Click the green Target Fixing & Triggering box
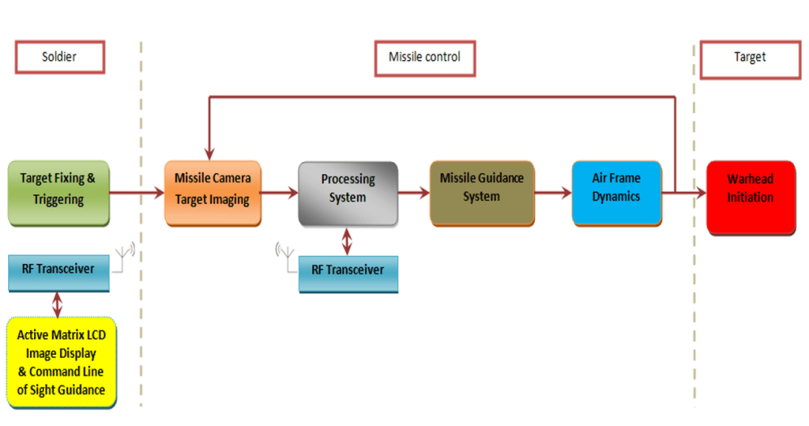pyautogui.click(x=59, y=193)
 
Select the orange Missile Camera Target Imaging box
pyautogui.click(x=213, y=193)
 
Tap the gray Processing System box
pyautogui.click(x=348, y=194)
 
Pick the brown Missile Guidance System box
pyautogui.click(x=482, y=193)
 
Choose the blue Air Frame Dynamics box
pyautogui.click(x=616, y=193)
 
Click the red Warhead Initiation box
pyautogui.click(x=751, y=198)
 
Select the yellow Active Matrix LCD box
pyautogui.click(x=61, y=363)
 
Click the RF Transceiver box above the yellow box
pyautogui.click(x=59, y=273)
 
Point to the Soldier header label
pyautogui.click(x=60, y=57)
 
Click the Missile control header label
pyautogui.click(x=425, y=58)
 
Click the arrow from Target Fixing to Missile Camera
pyautogui.click(x=137, y=193)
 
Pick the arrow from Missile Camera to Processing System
pyautogui.click(x=279, y=193)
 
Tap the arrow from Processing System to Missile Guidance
pyautogui.click(x=413, y=193)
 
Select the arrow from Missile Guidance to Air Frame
pyautogui.click(x=553, y=193)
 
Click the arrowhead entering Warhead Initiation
pyautogui.click(x=701, y=193)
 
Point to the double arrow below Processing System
pyautogui.click(x=347, y=241)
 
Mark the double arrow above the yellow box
pyautogui.click(x=57, y=305)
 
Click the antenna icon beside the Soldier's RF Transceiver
pyautogui.click(x=124, y=257)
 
